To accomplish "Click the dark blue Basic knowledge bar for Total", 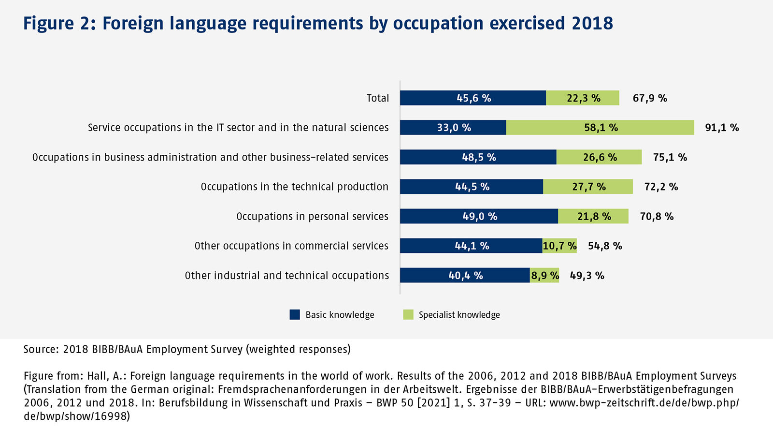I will tap(472, 98).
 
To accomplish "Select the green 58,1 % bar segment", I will tap(600, 127).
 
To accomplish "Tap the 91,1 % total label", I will tap(722, 128).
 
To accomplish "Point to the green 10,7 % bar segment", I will tap(559, 246).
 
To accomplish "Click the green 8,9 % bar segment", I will tap(544, 275).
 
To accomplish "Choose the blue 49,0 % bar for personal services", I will tap(479, 216).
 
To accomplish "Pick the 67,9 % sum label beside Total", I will tap(650, 98).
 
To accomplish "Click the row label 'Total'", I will tap(377, 98).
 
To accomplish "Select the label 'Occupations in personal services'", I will tap(312, 216).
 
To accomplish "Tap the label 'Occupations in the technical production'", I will tap(294, 187).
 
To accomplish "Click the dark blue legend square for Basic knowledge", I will tap(295, 315).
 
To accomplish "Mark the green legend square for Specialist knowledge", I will tap(408, 315).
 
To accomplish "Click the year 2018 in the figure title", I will tap(592, 23).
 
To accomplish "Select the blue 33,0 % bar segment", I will tap(453, 127).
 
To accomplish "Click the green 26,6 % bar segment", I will tap(599, 157).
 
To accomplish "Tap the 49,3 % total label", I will tap(587, 276).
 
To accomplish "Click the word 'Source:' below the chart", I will tap(41, 349).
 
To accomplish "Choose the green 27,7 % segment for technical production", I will tap(588, 187).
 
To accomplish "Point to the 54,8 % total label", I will tap(605, 246).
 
